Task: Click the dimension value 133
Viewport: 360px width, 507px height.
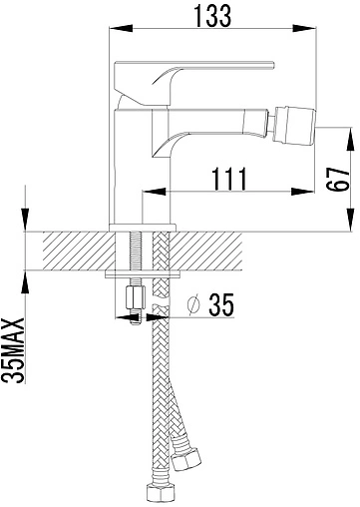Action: click(x=212, y=16)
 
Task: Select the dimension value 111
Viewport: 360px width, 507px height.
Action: click(x=229, y=179)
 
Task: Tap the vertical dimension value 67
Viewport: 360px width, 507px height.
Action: click(x=337, y=179)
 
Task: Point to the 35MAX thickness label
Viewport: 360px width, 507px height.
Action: click(x=13, y=350)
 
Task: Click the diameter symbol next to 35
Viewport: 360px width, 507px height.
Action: click(x=193, y=304)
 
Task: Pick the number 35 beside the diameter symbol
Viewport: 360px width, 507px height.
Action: click(x=221, y=304)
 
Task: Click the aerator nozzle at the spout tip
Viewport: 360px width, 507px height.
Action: click(x=293, y=126)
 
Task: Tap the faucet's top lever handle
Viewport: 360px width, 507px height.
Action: click(x=193, y=84)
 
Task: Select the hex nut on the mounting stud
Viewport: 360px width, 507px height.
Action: click(x=136, y=297)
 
